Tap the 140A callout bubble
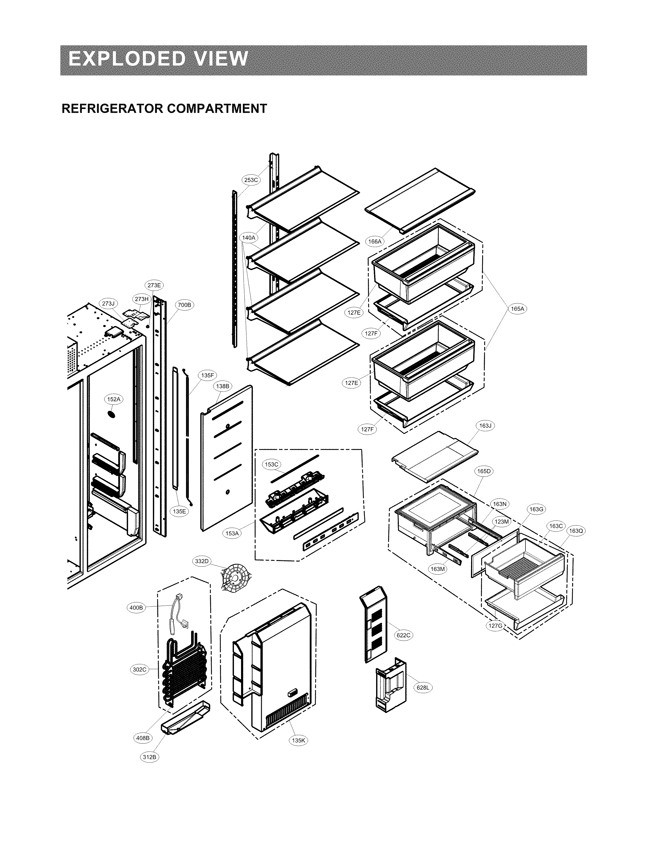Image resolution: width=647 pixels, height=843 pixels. (x=249, y=238)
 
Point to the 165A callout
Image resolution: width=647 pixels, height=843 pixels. (x=517, y=309)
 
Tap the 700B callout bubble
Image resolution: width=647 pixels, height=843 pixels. (x=184, y=305)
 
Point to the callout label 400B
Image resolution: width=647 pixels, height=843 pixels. (x=136, y=608)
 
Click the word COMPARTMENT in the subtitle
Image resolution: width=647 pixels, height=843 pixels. (x=216, y=109)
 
